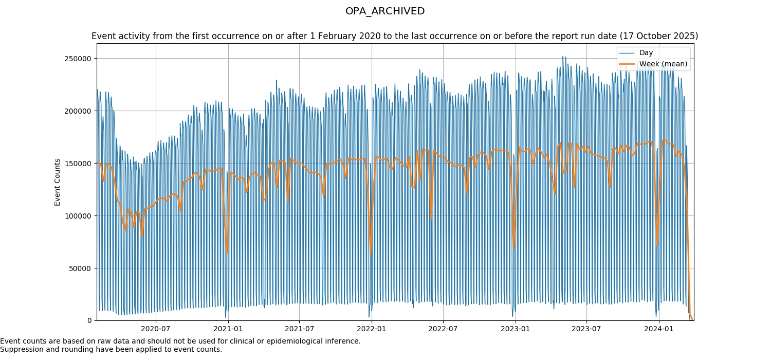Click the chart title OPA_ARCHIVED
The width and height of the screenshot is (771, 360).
tap(385, 11)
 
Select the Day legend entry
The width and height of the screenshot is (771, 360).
tap(646, 53)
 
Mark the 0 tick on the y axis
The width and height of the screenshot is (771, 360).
tap(90, 321)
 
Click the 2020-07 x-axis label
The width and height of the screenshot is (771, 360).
tap(155, 329)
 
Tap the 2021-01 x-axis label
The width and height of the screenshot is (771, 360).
tap(228, 329)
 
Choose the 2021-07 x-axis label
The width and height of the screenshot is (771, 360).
tap(299, 329)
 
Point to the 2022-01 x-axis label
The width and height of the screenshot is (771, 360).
tap(371, 329)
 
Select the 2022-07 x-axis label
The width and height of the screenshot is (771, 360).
tap(443, 329)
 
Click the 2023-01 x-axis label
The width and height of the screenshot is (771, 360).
tap(515, 329)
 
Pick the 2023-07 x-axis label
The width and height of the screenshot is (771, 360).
tap(586, 329)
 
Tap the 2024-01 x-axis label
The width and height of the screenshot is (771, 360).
tap(659, 329)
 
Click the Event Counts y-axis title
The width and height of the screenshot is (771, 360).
tap(58, 182)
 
